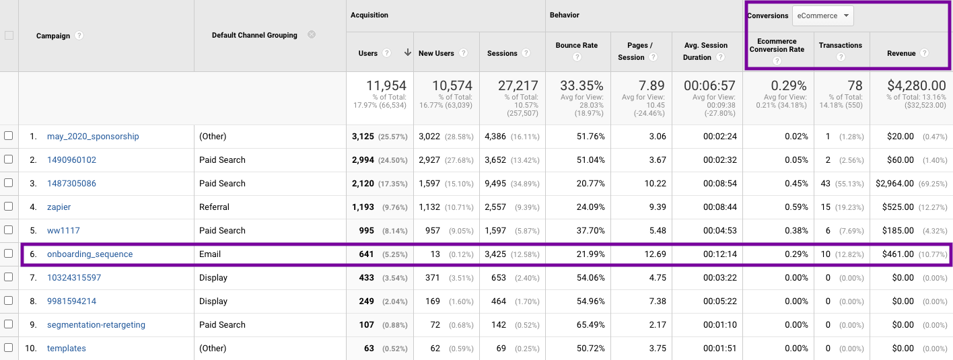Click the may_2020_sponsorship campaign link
tap(93, 137)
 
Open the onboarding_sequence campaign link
tap(90, 254)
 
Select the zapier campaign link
tap(59, 207)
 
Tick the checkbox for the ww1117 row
tap(9, 230)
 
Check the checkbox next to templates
tap(9, 348)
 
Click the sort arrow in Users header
tap(407, 53)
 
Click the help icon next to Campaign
tap(79, 36)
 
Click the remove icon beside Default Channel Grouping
tap(312, 34)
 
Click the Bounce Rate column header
tap(576, 46)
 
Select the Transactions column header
tap(840, 46)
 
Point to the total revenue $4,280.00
tap(913, 85)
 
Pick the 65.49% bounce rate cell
tap(590, 325)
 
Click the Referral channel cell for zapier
tap(214, 207)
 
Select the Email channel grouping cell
tap(210, 254)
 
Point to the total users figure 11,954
tap(386, 85)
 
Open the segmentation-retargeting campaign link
tap(96, 325)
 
